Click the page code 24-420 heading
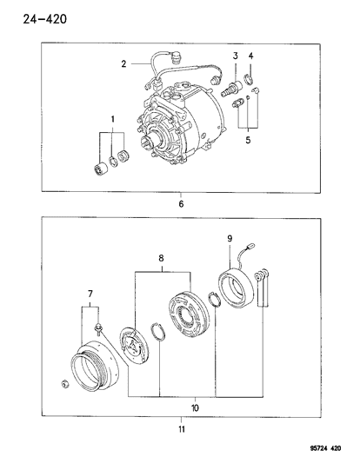(45, 19)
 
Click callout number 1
(113, 119)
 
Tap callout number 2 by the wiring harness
(123, 63)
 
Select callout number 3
(236, 56)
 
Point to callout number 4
(250, 56)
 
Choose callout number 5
(248, 140)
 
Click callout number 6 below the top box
(181, 204)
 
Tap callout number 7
(90, 294)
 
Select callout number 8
(162, 258)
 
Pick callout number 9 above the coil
(230, 239)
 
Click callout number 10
(195, 408)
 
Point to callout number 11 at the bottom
(182, 429)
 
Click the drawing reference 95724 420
(324, 448)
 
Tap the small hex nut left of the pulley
(64, 384)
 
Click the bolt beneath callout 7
(97, 328)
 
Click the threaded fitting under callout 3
(231, 89)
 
